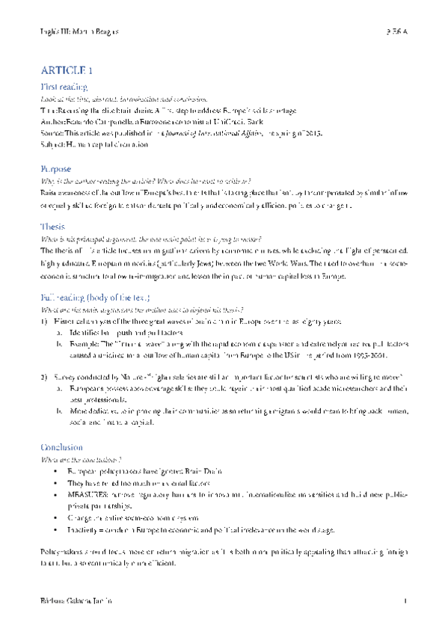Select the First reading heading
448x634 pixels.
[x=64, y=87]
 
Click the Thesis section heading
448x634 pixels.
[x=53, y=227]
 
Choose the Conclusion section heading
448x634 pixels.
[x=62, y=447]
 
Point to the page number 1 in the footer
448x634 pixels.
[x=405, y=601]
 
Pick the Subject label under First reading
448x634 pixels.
[x=53, y=144]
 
